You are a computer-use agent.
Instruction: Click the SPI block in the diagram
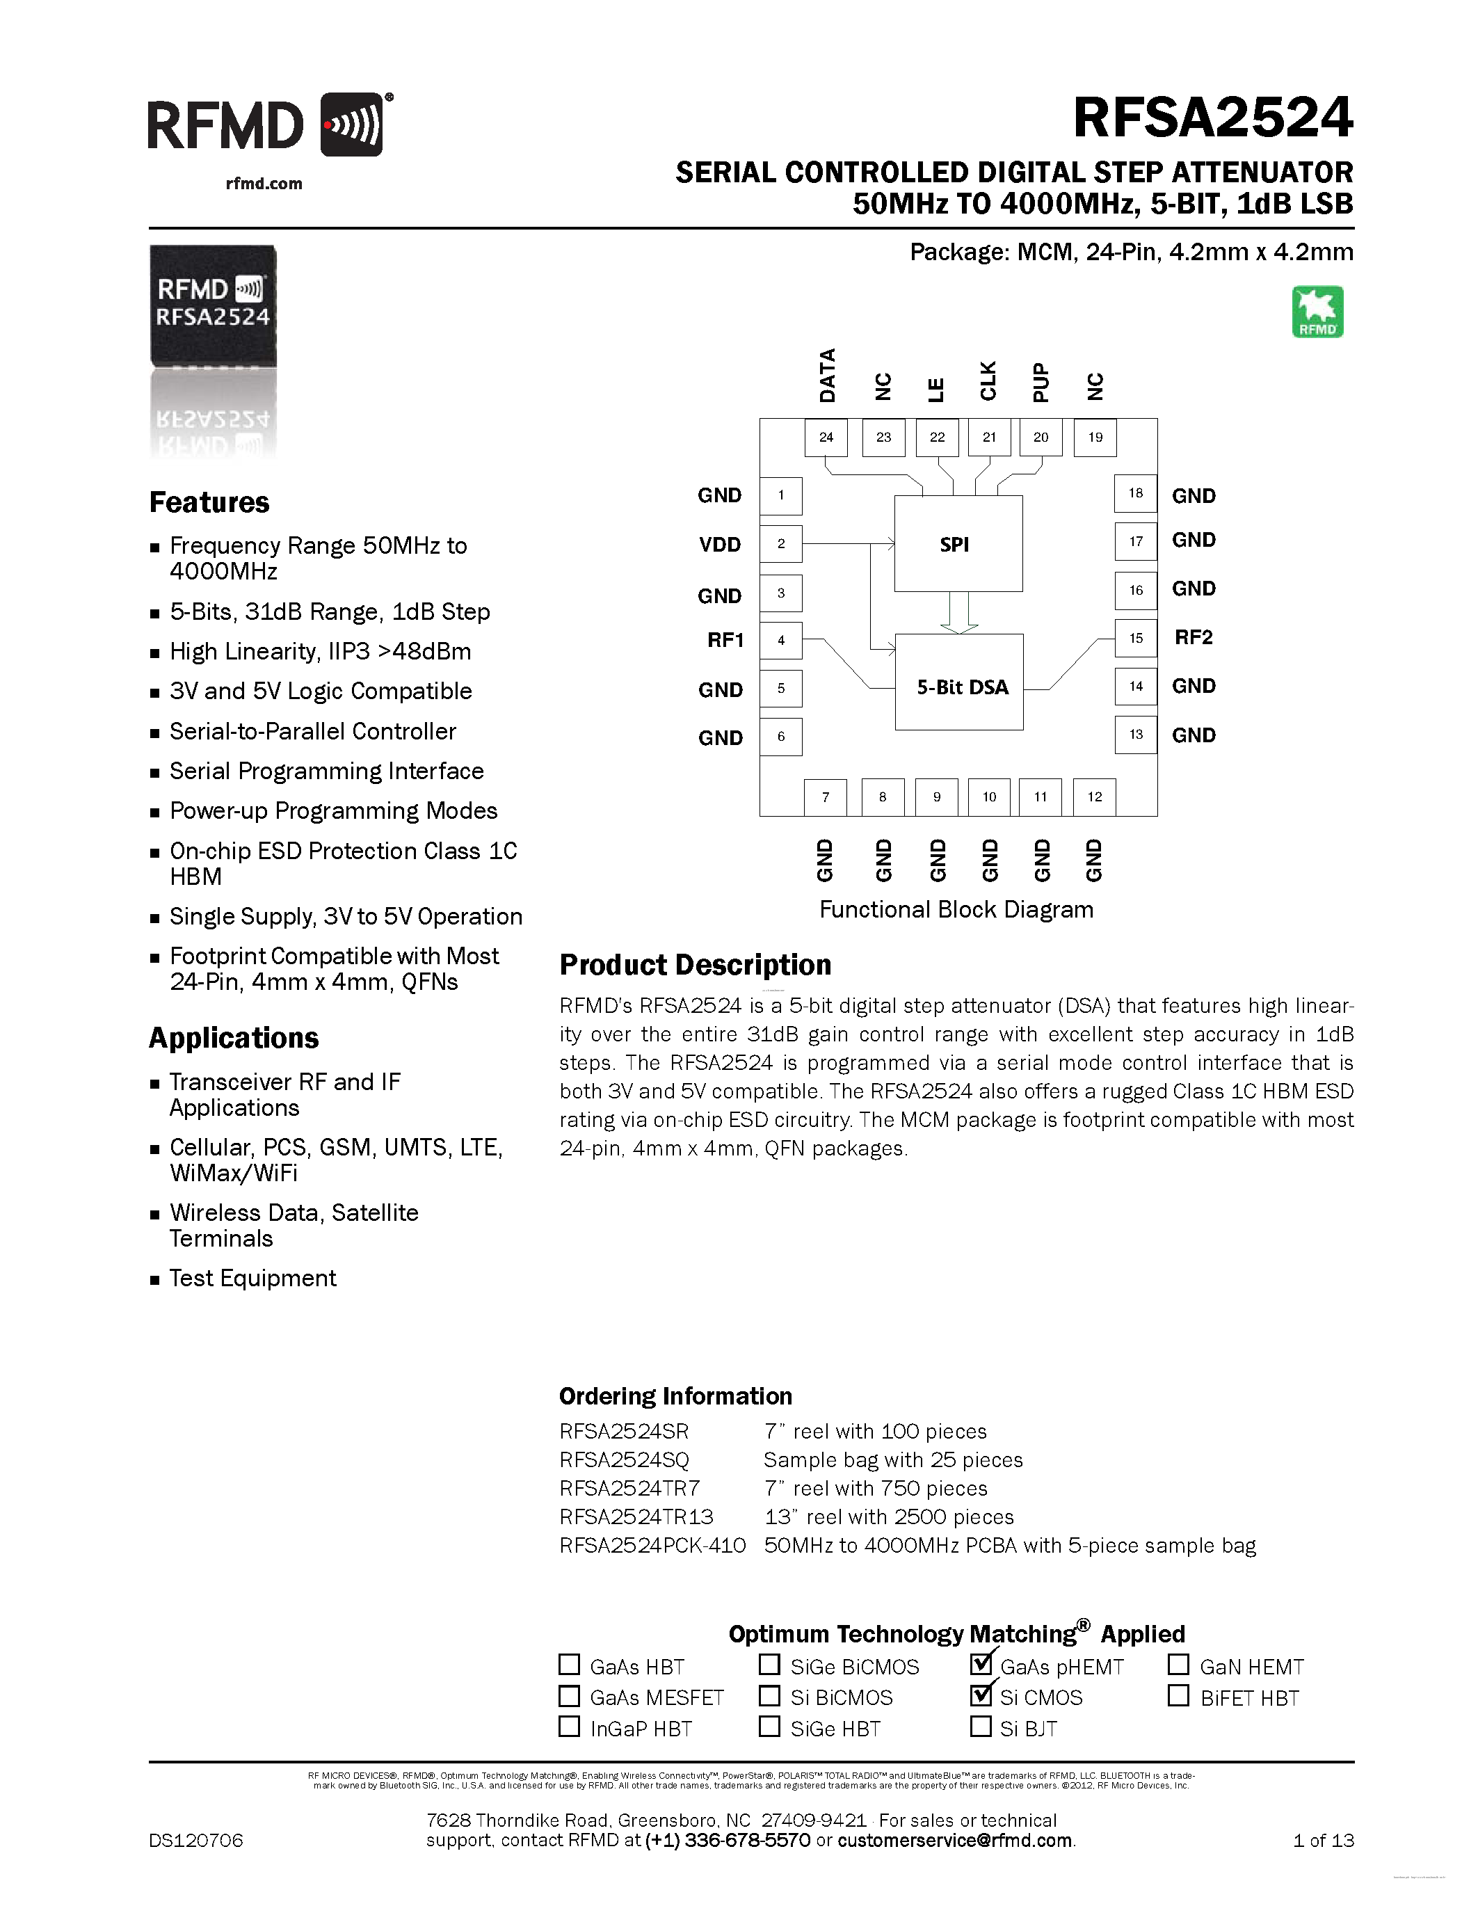(x=958, y=544)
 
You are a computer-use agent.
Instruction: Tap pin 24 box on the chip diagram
(x=826, y=437)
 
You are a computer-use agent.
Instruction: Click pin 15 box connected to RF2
(x=1136, y=638)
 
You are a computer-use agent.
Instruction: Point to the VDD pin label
(x=720, y=545)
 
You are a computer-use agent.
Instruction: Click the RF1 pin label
(x=725, y=640)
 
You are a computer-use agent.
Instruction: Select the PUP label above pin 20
(x=1041, y=382)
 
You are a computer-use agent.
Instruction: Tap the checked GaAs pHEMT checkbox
(x=981, y=1663)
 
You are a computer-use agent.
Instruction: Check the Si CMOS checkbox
(x=981, y=1695)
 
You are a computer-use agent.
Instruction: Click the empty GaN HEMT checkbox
(x=1178, y=1663)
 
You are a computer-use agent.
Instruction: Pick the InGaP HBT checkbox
(x=569, y=1727)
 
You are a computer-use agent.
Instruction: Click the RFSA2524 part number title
(x=1213, y=118)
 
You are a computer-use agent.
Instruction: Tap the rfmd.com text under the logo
(x=264, y=184)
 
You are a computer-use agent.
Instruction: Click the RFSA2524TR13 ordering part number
(x=636, y=1517)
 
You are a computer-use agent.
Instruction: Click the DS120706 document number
(x=196, y=1840)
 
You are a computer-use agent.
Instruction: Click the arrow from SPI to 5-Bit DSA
(x=958, y=612)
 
